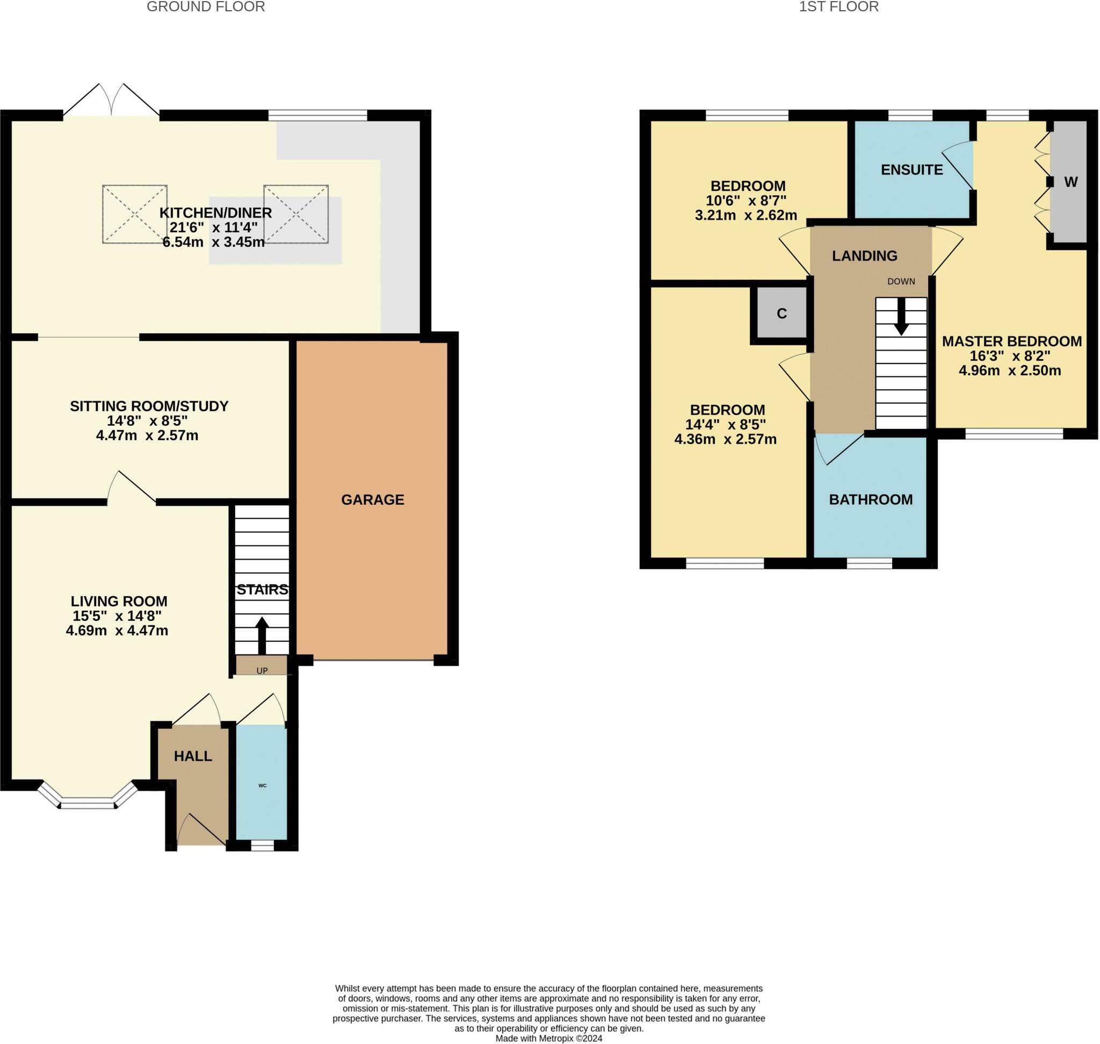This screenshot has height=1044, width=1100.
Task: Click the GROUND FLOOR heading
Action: pos(206,6)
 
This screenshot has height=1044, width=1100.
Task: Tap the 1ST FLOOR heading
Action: pos(838,6)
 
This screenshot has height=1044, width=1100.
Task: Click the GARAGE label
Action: pos(373,500)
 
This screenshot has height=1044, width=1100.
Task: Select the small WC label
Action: pos(263,786)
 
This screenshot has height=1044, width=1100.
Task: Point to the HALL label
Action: pos(193,756)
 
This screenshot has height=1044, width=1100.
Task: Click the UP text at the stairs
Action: pos(262,670)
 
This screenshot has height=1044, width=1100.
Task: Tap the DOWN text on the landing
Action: pos(901,282)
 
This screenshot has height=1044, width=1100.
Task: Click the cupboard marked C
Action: pos(781,313)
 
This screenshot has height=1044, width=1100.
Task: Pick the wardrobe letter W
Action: pos(1070,182)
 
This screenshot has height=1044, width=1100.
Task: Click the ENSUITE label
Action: pos(912,170)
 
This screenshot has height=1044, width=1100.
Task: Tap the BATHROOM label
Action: pos(871,500)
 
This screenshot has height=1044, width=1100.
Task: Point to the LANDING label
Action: pos(865,256)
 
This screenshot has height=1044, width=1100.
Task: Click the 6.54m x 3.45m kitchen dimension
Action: pos(214,242)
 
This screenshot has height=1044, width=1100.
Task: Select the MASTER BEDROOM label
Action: pos(1012,341)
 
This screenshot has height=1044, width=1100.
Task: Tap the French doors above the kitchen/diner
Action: pos(111,100)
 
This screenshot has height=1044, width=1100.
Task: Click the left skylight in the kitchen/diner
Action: pos(135,214)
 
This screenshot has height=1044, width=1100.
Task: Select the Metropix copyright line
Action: pos(549,1039)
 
